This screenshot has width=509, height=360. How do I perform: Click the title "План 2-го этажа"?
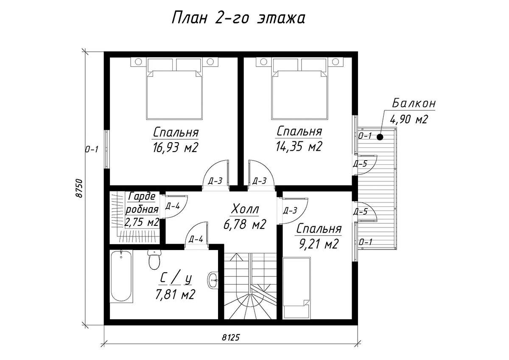(x=238, y=18)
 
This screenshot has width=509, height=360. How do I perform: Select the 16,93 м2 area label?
(x=175, y=148)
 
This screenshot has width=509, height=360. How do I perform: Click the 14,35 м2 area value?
(x=299, y=146)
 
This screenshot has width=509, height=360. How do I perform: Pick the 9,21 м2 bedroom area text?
(x=319, y=244)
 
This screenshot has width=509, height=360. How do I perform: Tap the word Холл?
(x=245, y=209)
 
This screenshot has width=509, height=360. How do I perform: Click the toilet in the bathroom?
(x=154, y=259)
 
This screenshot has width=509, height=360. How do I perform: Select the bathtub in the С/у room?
(x=121, y=276)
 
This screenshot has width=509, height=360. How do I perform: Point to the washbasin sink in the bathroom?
(x=213, y=280)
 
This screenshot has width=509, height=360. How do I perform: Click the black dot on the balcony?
(x=380, y=137)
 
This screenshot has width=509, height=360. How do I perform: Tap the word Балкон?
(x=414, y=103)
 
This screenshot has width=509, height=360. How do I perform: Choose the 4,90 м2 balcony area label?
(x=409, y=119)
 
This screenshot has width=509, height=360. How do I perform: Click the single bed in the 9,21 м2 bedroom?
(x=296, y=288)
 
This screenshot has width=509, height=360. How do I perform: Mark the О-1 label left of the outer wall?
(x=92, y=149)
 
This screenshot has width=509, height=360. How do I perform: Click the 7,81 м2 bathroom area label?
(x=175, y=295)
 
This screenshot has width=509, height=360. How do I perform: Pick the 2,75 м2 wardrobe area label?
(x=142, y=222)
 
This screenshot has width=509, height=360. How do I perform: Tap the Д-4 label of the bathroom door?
(x=196, y=239)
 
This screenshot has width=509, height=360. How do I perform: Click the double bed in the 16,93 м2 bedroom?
(x=174, y=89)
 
